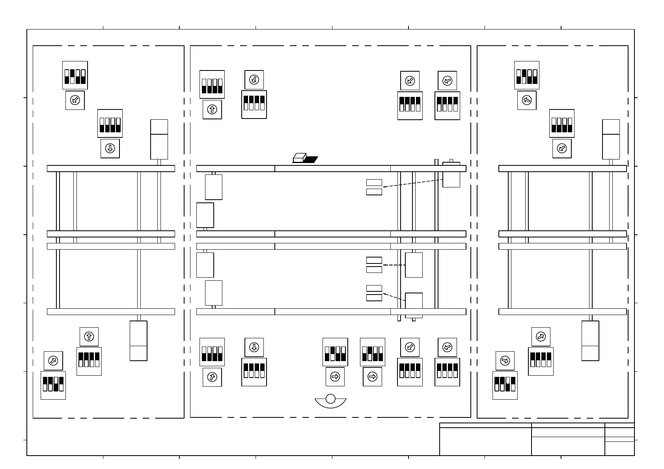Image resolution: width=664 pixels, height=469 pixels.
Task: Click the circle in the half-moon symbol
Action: click(330, 399)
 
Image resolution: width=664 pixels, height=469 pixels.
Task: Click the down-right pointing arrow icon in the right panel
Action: click(505, 361)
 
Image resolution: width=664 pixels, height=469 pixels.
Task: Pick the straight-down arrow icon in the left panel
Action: click(110, 148)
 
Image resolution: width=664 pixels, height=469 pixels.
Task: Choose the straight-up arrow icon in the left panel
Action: click(89, 337)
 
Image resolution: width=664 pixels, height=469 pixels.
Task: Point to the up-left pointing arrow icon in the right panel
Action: click(527, 100)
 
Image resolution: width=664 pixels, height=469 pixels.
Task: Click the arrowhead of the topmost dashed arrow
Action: click(384, 187)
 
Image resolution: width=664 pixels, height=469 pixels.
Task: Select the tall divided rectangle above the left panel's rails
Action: click(159, 139)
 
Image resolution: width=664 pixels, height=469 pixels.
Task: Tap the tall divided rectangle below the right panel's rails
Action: click(590, 341)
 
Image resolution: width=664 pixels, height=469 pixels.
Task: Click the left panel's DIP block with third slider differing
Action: click(53, 385)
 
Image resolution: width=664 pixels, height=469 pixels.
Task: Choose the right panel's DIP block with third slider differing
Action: click(505, 385)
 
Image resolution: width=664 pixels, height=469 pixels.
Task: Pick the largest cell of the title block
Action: click(485, 441)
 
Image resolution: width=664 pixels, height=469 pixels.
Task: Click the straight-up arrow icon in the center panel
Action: click(212, 109)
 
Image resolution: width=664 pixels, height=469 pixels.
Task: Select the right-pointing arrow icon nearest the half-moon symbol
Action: click(335, 377)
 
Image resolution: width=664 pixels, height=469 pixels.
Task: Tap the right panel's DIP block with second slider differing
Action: click(527, 75)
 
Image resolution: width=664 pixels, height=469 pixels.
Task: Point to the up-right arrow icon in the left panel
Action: click(53, 361)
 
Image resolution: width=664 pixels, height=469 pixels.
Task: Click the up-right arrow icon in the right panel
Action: click(541, 337)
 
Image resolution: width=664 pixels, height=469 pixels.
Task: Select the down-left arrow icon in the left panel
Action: click(75, 100)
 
